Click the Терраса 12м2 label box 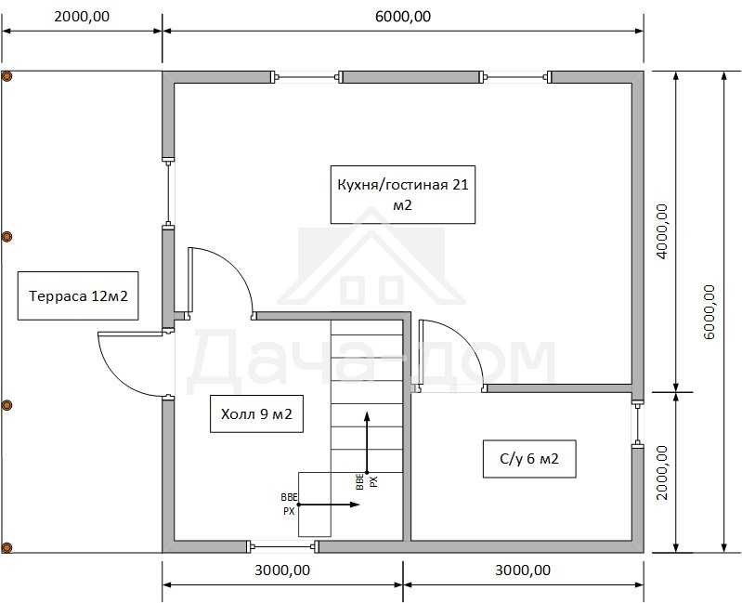click(78, 295)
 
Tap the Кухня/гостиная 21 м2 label click(403, 194)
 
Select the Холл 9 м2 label click(256, 414)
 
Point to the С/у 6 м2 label click(529, 459)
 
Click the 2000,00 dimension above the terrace click(82, 17)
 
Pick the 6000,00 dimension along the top click(403, 17)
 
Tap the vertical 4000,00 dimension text click(662, 231)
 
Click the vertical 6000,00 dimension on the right click(709, 312)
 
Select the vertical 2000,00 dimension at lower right click(662, 472)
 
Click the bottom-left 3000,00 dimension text click(282, 570)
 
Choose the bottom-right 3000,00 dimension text click(523, 570)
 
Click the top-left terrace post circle click(7, 76)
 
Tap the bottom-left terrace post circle click(7, 547)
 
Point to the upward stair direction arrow click(367, 442)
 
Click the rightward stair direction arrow click(330, 505)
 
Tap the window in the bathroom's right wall click(637, 424)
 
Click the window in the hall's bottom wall click(283, 547)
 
